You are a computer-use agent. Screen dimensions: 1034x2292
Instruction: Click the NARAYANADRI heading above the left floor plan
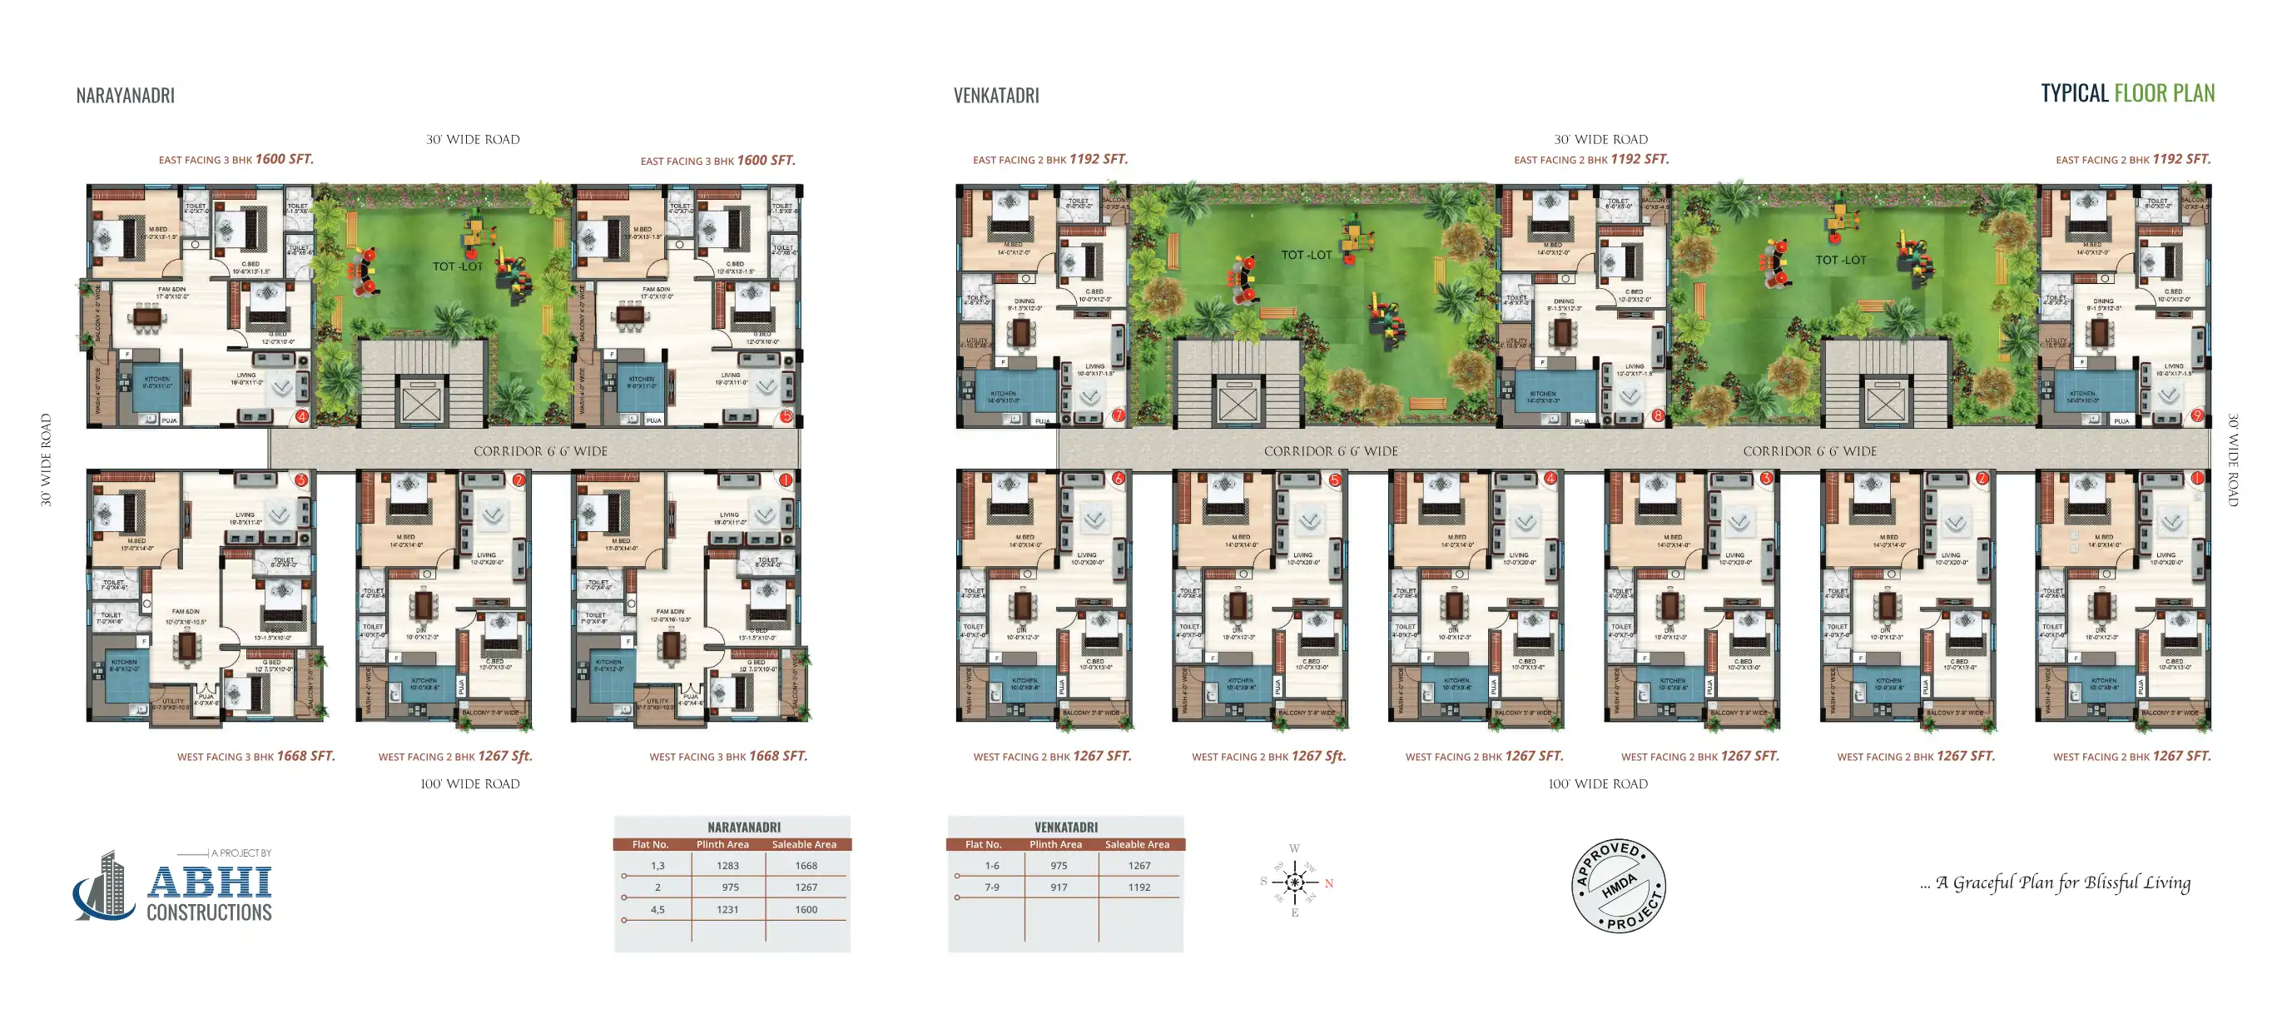click(126, 95)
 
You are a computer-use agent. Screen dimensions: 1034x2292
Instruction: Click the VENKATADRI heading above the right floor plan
click(995, 95)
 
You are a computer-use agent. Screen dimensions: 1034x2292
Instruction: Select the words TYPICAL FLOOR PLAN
click(2126, 92)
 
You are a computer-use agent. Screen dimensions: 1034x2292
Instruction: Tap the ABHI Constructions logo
click(173, 887)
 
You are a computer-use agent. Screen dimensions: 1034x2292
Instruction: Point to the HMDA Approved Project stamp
click(1619, 886)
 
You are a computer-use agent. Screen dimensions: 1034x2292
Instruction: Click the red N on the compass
click(1328, 883)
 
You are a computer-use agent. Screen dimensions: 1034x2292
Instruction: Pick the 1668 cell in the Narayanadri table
click(806, 866)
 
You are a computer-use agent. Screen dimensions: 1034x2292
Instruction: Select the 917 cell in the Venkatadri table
click(1058, 887)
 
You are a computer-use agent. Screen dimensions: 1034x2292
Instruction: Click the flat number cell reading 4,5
click(657, 909)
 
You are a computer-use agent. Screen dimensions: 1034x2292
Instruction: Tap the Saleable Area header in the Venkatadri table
click(1137, 844)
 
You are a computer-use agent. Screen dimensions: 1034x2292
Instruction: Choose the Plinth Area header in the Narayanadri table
click(722, 844)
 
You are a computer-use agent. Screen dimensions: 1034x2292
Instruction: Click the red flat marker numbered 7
click(1119, 415)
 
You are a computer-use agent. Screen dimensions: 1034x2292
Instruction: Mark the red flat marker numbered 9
click(2197, 415)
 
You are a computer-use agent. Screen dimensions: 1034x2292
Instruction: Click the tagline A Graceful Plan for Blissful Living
click(2055, 882)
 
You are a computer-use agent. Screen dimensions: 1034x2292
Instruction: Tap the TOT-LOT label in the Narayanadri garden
click(458, 266)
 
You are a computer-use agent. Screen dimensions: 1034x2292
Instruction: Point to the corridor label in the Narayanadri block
click(540, 451)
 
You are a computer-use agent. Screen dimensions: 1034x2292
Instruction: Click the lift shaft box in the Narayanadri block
click(421, 404)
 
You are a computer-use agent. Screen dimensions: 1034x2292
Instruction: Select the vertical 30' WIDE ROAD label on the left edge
click(47, 460)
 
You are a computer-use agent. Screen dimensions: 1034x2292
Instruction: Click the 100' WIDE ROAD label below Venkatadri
click(1597, 784)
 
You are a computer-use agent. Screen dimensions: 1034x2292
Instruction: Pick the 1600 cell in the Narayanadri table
click(806, 909)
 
